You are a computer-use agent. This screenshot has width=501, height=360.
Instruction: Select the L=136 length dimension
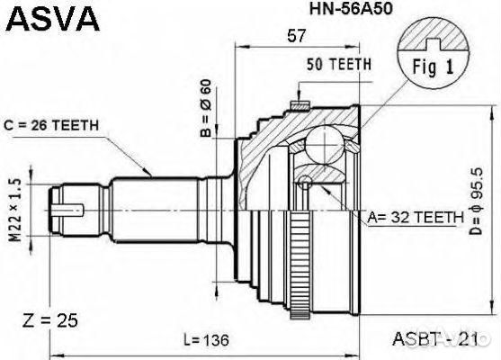pos(207,341)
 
